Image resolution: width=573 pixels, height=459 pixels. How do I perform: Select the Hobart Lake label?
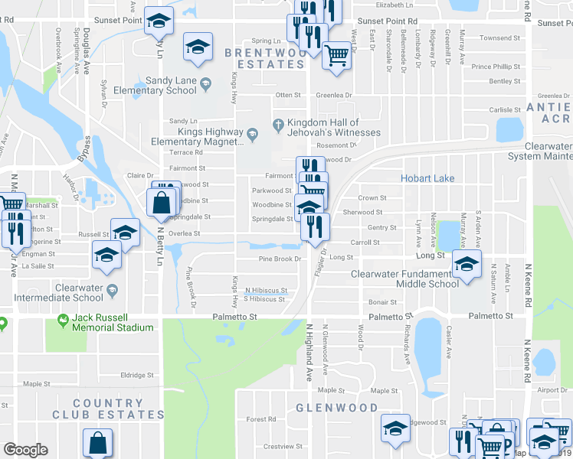click(427, 178)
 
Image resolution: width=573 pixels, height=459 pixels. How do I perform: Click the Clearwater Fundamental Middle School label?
click(404, 278)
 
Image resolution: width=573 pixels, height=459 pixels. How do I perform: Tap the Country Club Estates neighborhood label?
click(108, 409)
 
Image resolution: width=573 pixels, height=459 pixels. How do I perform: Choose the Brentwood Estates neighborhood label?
click(264, 58)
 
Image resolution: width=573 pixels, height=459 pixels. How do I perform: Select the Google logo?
click(25, 450)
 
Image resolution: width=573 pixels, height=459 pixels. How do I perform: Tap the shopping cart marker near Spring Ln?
click(337, 55)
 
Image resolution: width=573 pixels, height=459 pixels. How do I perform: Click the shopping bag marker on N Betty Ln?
click(162, 203)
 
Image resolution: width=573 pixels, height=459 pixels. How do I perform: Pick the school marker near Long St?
click(466, 264)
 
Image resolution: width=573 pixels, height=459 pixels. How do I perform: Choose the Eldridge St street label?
click(137, 375)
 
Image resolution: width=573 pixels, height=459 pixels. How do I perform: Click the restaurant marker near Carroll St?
click(316, 226)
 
